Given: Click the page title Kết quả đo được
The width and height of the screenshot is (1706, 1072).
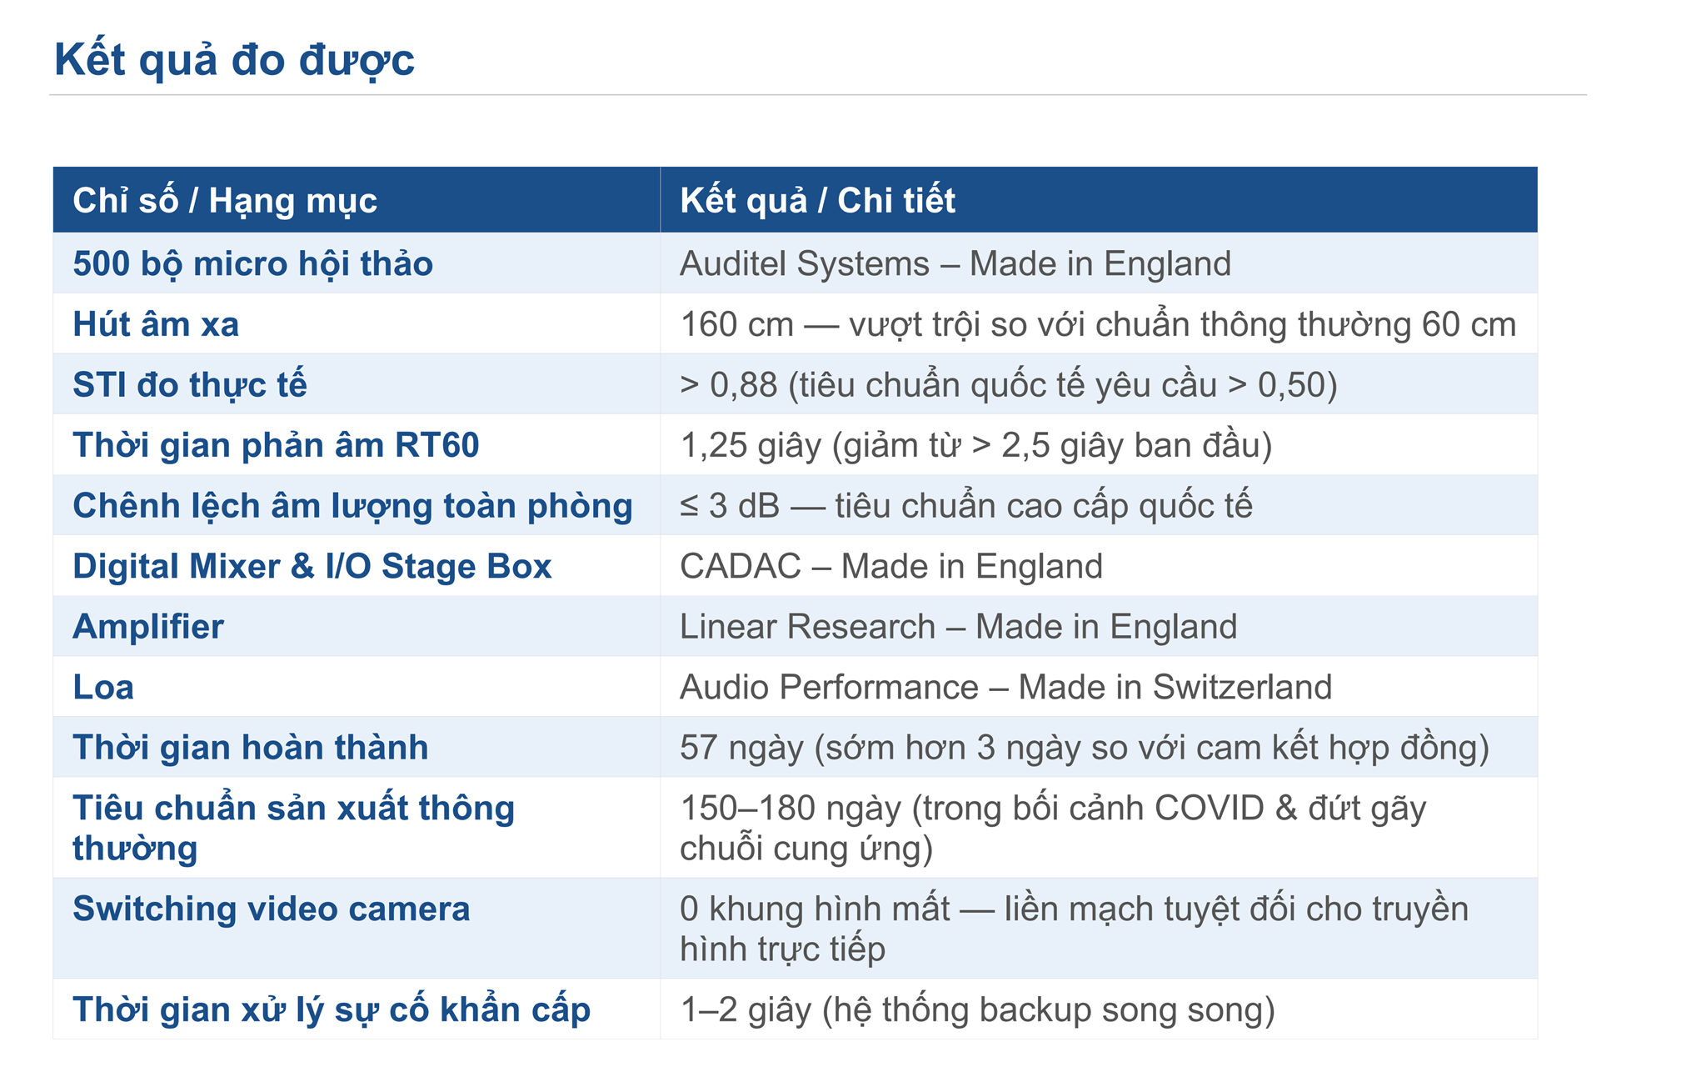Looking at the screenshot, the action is click(234, 60).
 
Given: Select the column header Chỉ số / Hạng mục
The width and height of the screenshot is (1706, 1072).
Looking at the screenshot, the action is click(225, 201).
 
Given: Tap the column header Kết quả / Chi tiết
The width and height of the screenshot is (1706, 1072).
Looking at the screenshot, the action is click(817, 200).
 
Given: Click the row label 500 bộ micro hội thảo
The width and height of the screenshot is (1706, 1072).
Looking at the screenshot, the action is click(252, 264).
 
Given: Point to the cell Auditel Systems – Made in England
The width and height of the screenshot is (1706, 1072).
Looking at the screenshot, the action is click(955, 264).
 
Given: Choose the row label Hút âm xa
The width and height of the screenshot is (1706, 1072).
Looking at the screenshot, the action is click(156, 324).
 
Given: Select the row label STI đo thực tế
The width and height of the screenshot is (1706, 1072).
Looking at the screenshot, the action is click(190, 385).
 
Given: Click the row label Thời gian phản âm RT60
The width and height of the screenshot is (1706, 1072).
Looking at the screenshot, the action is click(276, 446).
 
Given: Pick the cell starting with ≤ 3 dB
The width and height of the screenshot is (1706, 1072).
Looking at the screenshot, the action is click(966, 506).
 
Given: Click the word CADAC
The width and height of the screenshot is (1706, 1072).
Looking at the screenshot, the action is click(741, 567).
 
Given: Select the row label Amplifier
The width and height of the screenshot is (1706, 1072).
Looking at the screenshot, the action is click(148, 627).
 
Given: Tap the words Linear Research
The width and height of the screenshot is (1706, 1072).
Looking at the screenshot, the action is click(808, 627).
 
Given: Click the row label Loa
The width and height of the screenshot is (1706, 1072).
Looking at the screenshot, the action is click(103, 688).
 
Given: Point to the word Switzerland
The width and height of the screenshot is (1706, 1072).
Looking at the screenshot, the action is click(1242, 688).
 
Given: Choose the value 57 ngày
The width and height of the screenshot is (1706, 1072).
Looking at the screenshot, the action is click(741, 748).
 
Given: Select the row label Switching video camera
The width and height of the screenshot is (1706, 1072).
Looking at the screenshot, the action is click(272, 909).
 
